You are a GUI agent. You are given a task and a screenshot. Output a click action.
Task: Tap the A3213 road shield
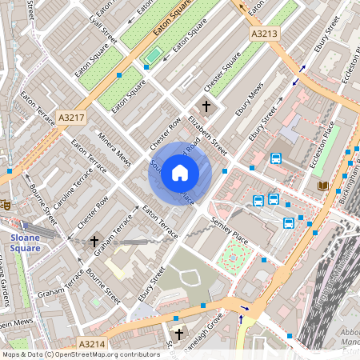(264, 34)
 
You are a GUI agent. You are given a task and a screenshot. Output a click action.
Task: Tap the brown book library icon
(323, 186)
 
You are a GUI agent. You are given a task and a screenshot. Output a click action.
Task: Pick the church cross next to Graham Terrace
(94, 241)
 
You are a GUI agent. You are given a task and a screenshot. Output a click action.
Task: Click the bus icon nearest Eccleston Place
(276, 158)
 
